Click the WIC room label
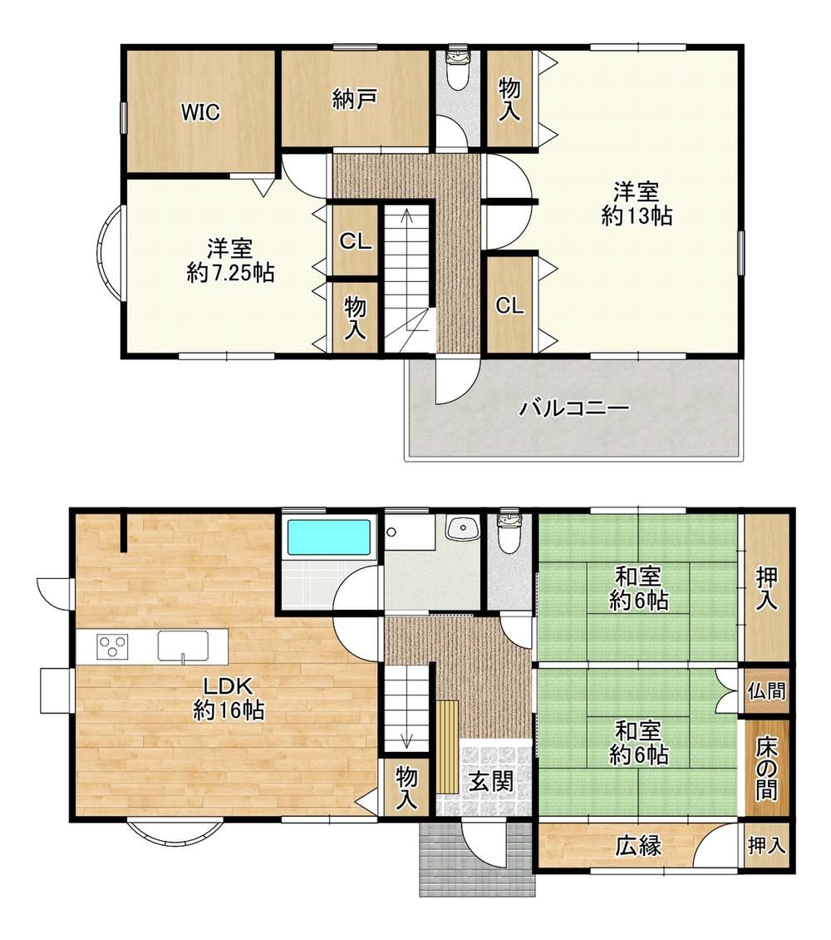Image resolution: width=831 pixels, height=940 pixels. click(x=200, y=112)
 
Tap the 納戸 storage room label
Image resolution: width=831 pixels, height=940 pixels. click(x=355, y=100)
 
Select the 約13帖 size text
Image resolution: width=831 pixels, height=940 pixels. click(x=637, y=215)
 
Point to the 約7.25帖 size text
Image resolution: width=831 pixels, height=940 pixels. click(x=230, y=273)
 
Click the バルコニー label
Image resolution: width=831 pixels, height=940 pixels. click(x=574, y=408)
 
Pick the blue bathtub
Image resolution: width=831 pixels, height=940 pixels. click(x=329, y=537)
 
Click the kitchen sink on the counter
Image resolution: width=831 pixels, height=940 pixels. click(x=183, y=647)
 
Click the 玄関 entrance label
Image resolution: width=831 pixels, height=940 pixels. click(x=491, y=781)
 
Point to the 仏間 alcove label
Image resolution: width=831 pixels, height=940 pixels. click(x=766, y=690)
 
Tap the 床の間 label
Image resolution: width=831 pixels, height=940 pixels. click(x=766, y=769)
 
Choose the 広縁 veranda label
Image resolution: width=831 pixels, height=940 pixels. click(x=638, y=846)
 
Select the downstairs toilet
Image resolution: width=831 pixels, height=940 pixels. click(x=510, y=532)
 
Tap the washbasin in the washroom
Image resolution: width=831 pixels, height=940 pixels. click(x=461, y=529)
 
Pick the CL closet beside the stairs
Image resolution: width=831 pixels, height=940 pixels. click(x=356, y=241)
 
